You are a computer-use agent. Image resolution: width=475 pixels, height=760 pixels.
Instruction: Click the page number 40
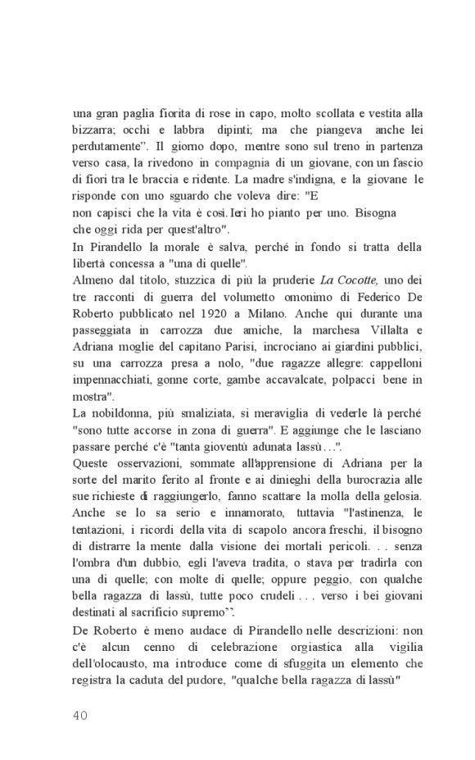[x=79, y=714]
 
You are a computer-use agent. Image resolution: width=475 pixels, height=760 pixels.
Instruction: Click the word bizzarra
[x=93, y=130]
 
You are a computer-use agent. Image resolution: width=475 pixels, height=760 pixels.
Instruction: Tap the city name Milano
[x=300, y=314]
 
